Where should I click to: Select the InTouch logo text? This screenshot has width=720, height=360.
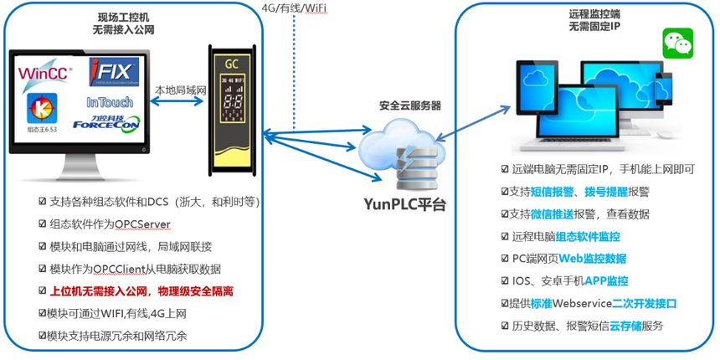pyautogui.click(x=110, y=102)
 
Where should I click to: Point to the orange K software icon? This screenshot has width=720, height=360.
pyautogui.click(x=38, y=107)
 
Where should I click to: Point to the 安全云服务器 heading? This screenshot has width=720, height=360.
pyautogui.click(x=410, y=106)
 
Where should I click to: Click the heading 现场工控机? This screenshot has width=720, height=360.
pyautogui.click(x=122, y=16)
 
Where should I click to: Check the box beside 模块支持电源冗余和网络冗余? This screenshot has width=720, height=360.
pyautogui.click(x=43, y=336)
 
